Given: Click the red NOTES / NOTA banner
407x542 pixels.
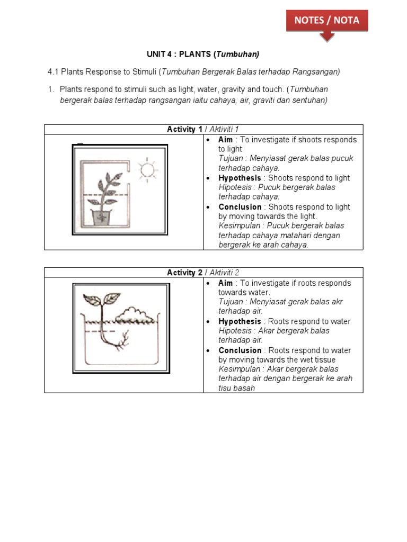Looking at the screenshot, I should point(326,21).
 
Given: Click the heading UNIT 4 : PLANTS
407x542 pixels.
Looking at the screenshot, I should point(203,54).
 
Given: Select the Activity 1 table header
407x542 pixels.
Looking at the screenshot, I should point(203,130).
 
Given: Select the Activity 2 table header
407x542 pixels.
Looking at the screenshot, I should point(203,273).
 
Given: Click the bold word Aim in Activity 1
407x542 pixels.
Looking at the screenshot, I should point(225,140).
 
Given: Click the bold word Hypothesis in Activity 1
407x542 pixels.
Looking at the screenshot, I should point(240,178).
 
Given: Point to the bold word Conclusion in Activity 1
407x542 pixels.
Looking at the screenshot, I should point(240,207).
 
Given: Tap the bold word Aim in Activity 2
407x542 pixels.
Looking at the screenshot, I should point(225,283).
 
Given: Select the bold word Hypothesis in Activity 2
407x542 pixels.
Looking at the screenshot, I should point(240,321).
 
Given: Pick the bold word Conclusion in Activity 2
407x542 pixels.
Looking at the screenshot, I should point(240,350).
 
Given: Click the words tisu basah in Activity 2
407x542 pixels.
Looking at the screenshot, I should point(237,388).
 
